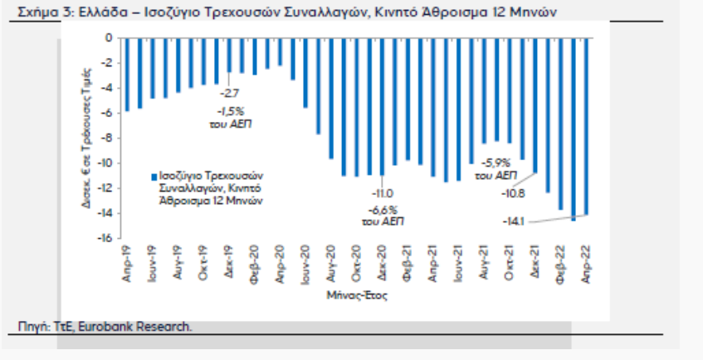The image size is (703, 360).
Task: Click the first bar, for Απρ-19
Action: [127, 74]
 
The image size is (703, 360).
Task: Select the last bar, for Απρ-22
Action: [587, 125]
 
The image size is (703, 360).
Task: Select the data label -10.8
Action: [515, 193]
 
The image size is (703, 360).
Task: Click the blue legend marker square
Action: [154, 178]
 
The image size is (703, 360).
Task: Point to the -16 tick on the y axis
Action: [105, 238]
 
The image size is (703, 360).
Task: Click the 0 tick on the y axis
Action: [108, 38]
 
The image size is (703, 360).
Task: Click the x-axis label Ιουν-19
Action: [152, 263]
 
